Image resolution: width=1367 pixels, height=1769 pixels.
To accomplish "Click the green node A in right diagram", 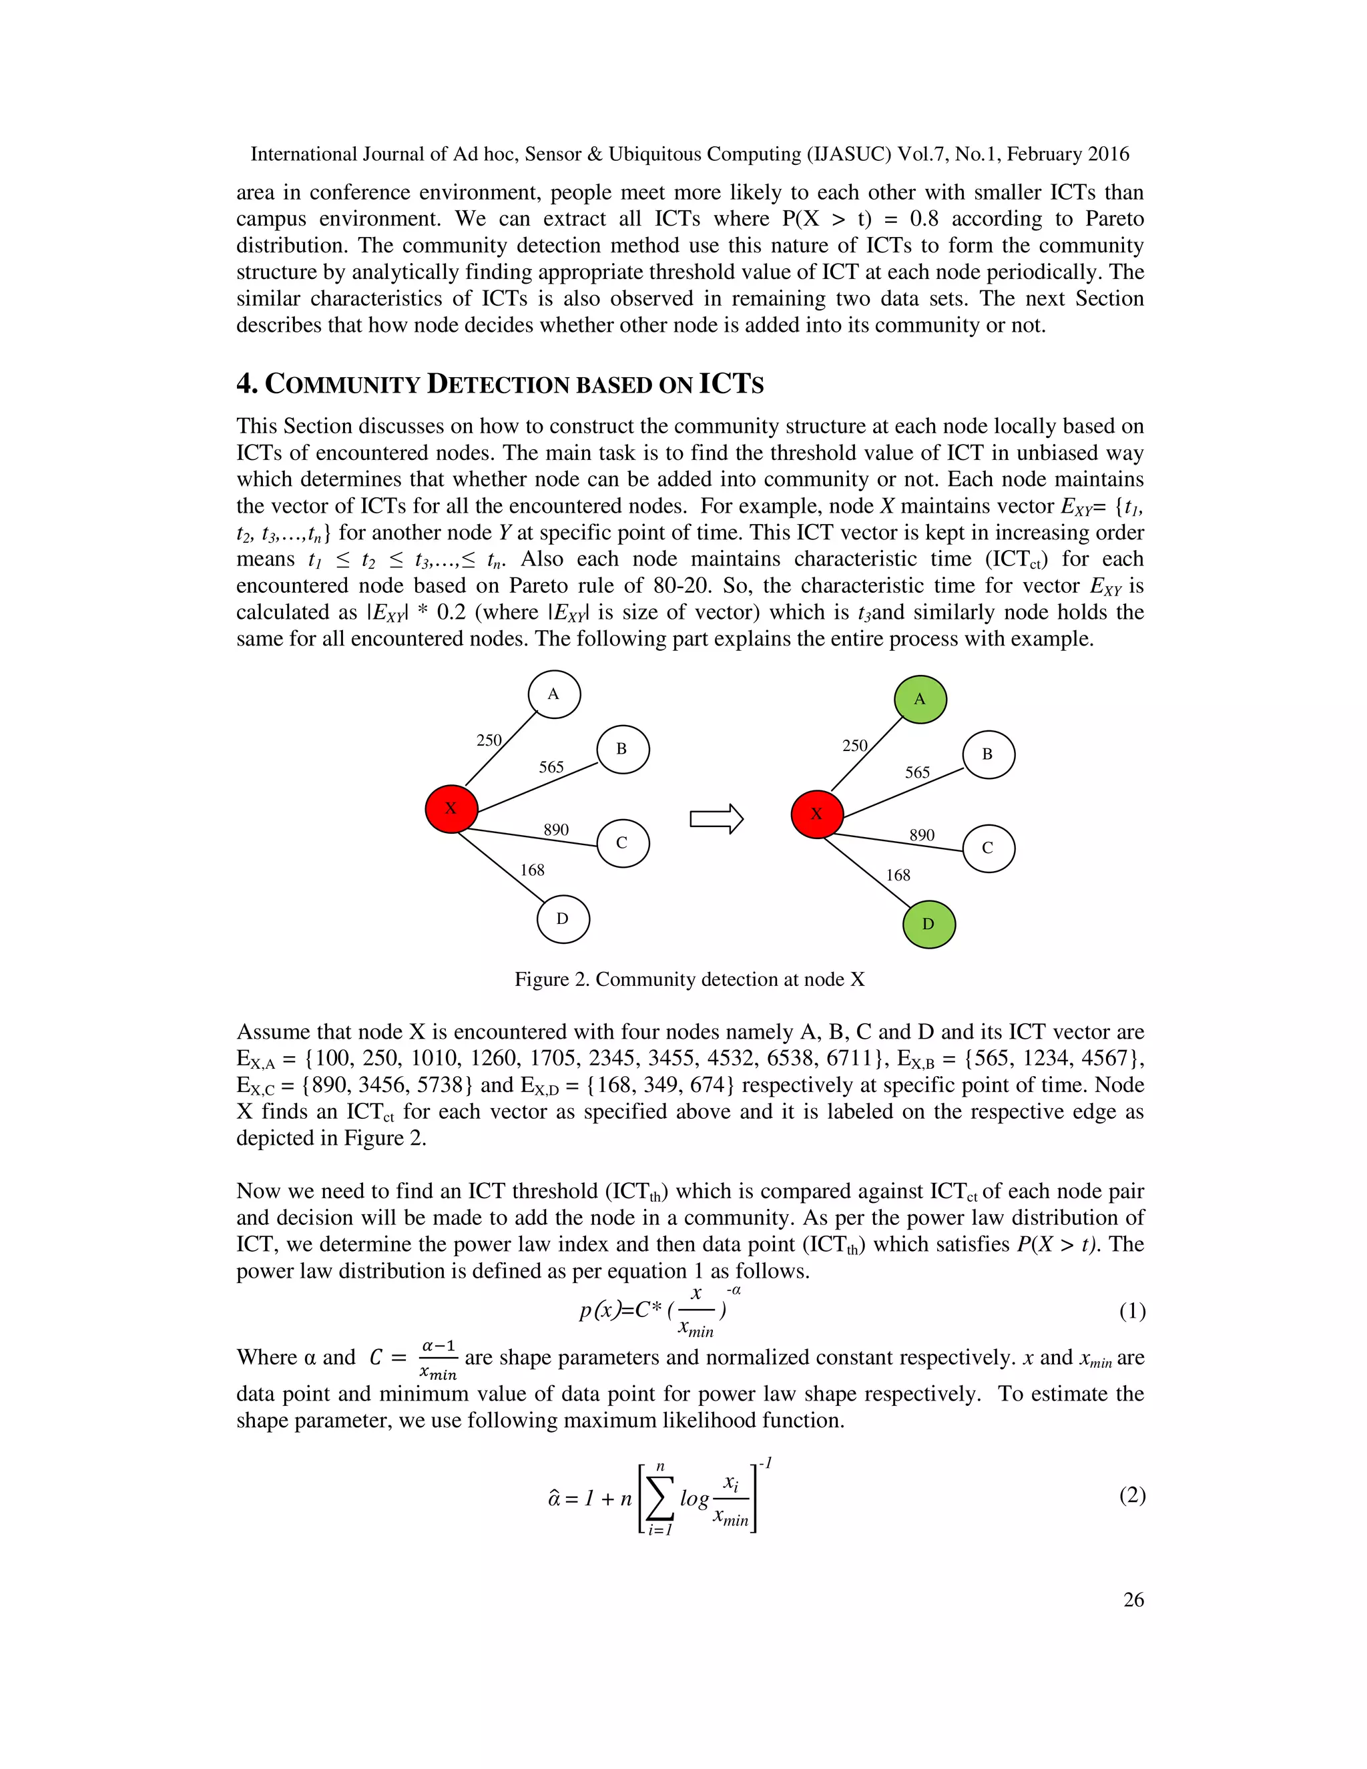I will coord(920,699).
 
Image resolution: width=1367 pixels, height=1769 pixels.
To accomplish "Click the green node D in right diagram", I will coord(929,924).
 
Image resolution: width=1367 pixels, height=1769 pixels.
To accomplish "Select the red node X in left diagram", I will coord(451,808).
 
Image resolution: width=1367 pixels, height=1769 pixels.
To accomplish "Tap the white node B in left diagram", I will coord(622,749).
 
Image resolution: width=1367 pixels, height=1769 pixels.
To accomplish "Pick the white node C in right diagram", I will coord(988,848).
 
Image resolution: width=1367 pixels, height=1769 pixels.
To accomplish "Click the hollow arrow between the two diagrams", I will coord(716,819).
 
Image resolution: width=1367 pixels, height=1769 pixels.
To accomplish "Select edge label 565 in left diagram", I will coord(551,767).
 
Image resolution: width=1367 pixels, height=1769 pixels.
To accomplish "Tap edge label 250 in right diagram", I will coord(854,745).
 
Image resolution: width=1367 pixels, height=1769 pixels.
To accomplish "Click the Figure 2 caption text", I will coord(689,979).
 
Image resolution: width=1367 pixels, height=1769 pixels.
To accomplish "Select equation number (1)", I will coord(1131,1310).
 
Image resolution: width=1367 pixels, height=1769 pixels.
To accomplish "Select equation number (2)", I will coord(1131,1495).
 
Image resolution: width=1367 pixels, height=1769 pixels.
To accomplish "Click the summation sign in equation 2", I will coord(661,1499).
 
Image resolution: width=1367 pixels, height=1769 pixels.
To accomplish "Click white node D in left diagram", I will coord(563,919).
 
